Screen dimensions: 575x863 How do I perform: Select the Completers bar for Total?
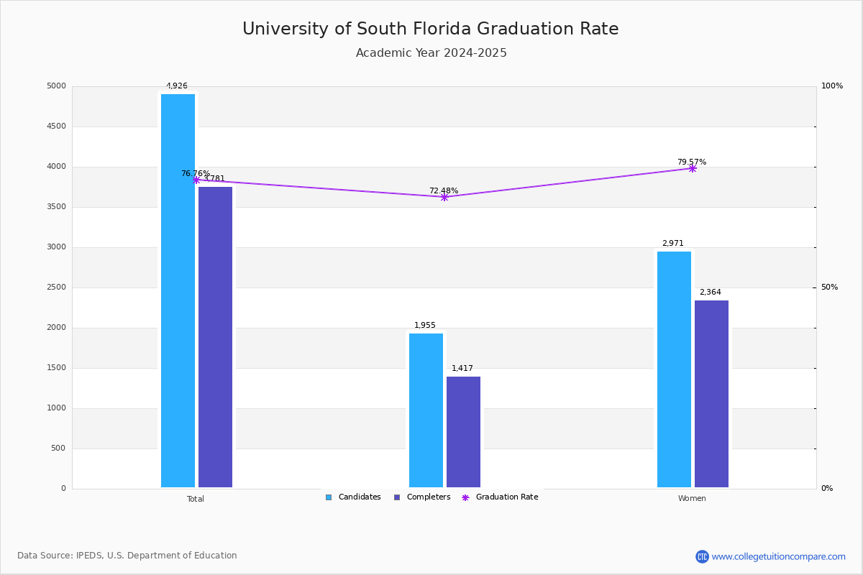click(215, 337)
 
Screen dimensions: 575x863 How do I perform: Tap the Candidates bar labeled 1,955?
click(426, 410)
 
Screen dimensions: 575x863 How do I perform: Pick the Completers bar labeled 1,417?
click(463, 432)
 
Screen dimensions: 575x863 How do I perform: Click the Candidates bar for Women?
click(674, 369)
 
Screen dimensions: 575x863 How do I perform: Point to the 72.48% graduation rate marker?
click(444, 197)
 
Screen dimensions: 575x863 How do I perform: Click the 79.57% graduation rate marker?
click(693, 168)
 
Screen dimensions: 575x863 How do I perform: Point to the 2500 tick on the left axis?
click(56, 287)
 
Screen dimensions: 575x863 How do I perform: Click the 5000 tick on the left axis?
click(56, 86)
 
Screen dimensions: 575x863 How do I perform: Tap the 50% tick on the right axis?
click(830, 287)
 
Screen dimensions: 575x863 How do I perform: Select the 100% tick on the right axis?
click(832, 86)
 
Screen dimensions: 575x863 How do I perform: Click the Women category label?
click(692, 499)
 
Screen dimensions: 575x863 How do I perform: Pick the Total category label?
click(196, 499)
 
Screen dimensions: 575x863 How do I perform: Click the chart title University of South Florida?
click(430, 29)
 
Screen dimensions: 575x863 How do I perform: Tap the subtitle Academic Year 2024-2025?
click(431, 53)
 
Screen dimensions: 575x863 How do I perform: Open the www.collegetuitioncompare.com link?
click(778, 556)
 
